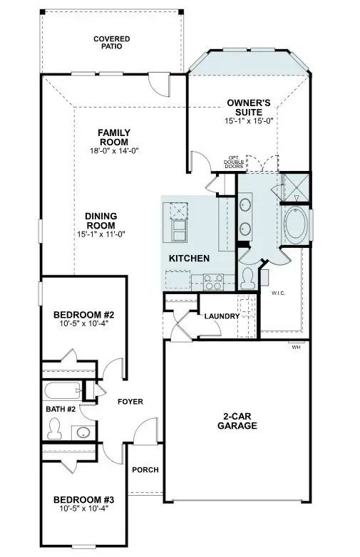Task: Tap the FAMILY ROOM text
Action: click(113, 137)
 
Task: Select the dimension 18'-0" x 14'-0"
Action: click(113, 151)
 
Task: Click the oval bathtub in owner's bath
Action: click(296, 224)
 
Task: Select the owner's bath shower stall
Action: click(294, 187)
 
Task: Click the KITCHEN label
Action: click(189, 258)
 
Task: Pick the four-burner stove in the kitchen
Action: click(213, 282)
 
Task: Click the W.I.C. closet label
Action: click(279, 293)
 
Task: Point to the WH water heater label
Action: click(295, 348)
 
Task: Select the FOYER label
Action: click(130, 402)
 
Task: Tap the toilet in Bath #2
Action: click(53, 427)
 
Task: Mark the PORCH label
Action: click(145, 470)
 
